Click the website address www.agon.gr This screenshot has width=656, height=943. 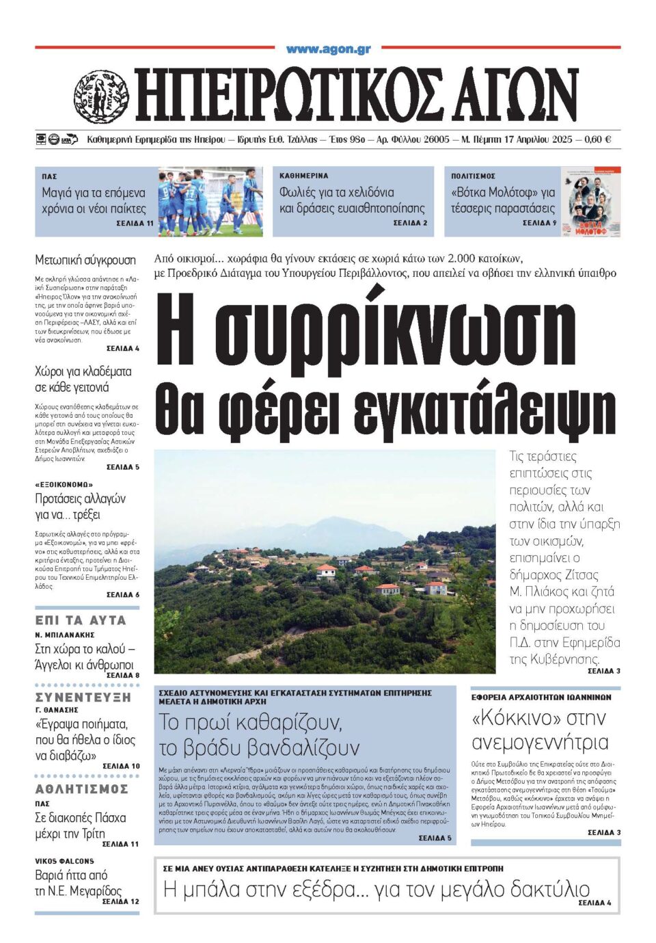(x=328, y=49)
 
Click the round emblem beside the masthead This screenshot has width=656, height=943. (x=100, y=96)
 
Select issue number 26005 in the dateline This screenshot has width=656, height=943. (x=435, y=140)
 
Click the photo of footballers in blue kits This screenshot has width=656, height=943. (x=210, y=202)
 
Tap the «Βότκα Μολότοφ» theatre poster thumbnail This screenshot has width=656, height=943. (x=591, y=202)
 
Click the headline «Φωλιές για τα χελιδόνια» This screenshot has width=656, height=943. (x=336, y=192)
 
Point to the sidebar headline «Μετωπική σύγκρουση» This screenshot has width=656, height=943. (x=85, y=260)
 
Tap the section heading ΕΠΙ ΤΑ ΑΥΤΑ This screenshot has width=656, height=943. (x=81, y=620)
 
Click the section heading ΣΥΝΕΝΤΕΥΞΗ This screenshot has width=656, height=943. (x=83, y=698)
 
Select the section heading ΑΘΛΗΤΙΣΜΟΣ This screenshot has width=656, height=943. (x=81, y=789)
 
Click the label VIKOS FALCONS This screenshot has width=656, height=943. (x=65, y=861)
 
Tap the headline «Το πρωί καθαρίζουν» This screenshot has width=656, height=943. (x=250, y=722)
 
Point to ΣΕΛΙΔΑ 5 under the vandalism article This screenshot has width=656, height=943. (x=435, y=838)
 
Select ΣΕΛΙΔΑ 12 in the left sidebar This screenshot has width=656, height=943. (x=120, y=901)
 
